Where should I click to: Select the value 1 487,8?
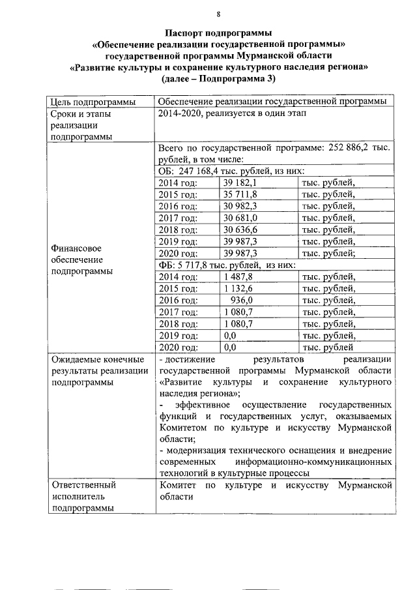238,276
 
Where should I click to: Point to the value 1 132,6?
238,288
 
